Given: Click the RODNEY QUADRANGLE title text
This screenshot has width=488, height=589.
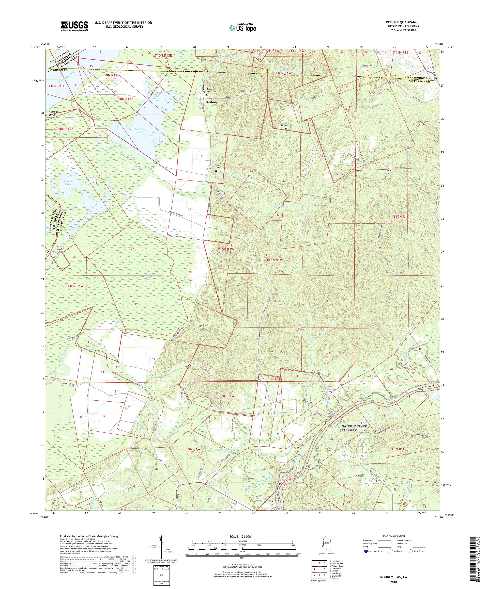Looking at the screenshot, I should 405,22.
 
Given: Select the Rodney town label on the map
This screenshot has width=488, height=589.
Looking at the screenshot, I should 211,103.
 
